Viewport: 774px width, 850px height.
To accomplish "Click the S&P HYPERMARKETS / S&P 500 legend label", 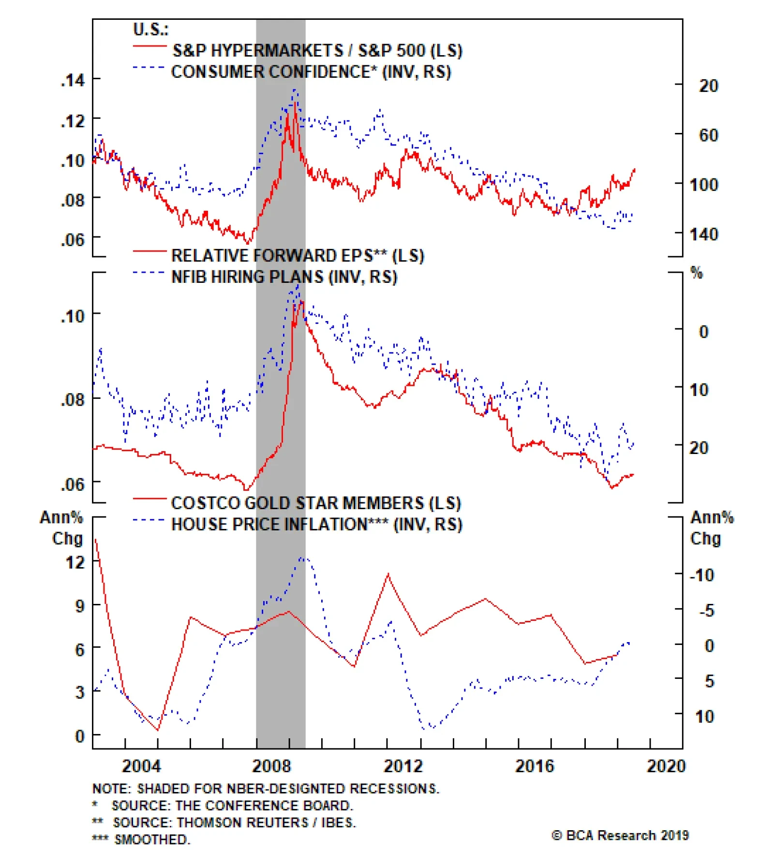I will pyautogui.click(x=317, y=50).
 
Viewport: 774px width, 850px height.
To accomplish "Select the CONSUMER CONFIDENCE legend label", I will pyautogui.click(x=311, y=72).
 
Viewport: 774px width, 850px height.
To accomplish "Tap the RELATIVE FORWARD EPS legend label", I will pyautogui.click(x=298, y=255).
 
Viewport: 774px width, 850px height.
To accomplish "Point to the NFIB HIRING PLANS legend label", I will pyautogui.click(x=284, y=277).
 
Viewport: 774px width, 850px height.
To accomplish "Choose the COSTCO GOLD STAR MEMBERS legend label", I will pyautogui.click(x=316, y=503).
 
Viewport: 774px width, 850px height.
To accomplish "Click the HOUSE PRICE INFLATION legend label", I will pyautogui.click(x=317, y=524).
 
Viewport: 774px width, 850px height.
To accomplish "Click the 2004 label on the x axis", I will pyautogui.click(x=141, y=766).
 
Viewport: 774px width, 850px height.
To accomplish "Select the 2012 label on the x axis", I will pyautogui.click(x=402, y=766).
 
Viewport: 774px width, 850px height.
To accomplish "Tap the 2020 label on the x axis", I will pyautogui.click(x=666, y=766).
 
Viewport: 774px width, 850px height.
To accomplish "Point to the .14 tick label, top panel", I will pyautogui.click(x=73, y=80).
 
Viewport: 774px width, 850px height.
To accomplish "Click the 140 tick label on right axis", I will pyautogui.click(x=703, y=234).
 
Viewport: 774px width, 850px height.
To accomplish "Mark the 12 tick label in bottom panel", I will pyautogui.click(x=75, y=562).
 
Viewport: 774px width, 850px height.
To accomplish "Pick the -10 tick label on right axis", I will pyautogui.click(x=702, y=575).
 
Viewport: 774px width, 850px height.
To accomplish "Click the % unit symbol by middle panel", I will pyautogui.click(x=696, y=273).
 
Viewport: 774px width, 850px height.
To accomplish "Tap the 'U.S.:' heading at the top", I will pyautogui.click(x=150, y=29).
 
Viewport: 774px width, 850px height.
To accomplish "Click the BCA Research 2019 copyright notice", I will pyautogui.click(x=620, y=835).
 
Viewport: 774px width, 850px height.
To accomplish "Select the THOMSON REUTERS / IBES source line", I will pyautogui.click(x=234, y=822).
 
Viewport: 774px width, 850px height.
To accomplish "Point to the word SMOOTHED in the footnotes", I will pyautogui.click(x=152, y=839).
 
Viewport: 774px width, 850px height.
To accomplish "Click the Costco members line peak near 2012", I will pyautogui.click(x=388, y=574).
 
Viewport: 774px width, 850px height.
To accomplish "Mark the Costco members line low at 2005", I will pyautogui.click(x=158, y=730).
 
